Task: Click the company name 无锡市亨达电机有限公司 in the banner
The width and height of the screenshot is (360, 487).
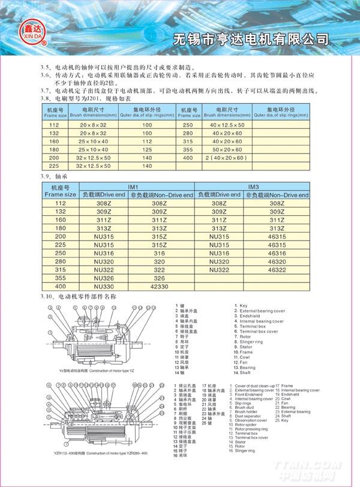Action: pyautogui.click(x=251, y=39)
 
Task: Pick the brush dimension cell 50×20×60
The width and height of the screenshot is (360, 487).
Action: pyautogui.click(x=229, y=149)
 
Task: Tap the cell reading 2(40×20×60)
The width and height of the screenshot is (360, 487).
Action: pyautogui.click(x=229, y=158)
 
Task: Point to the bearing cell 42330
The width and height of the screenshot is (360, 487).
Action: pyautogui.click(x=159, y=287)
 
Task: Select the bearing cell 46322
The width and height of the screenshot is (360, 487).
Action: pyautogui.click(x=277, y=270)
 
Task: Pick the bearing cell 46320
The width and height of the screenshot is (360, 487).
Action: pyautogui.click(x=277, y=262)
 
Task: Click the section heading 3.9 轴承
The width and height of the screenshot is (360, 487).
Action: pyautogui.click(x=53, y=178)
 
